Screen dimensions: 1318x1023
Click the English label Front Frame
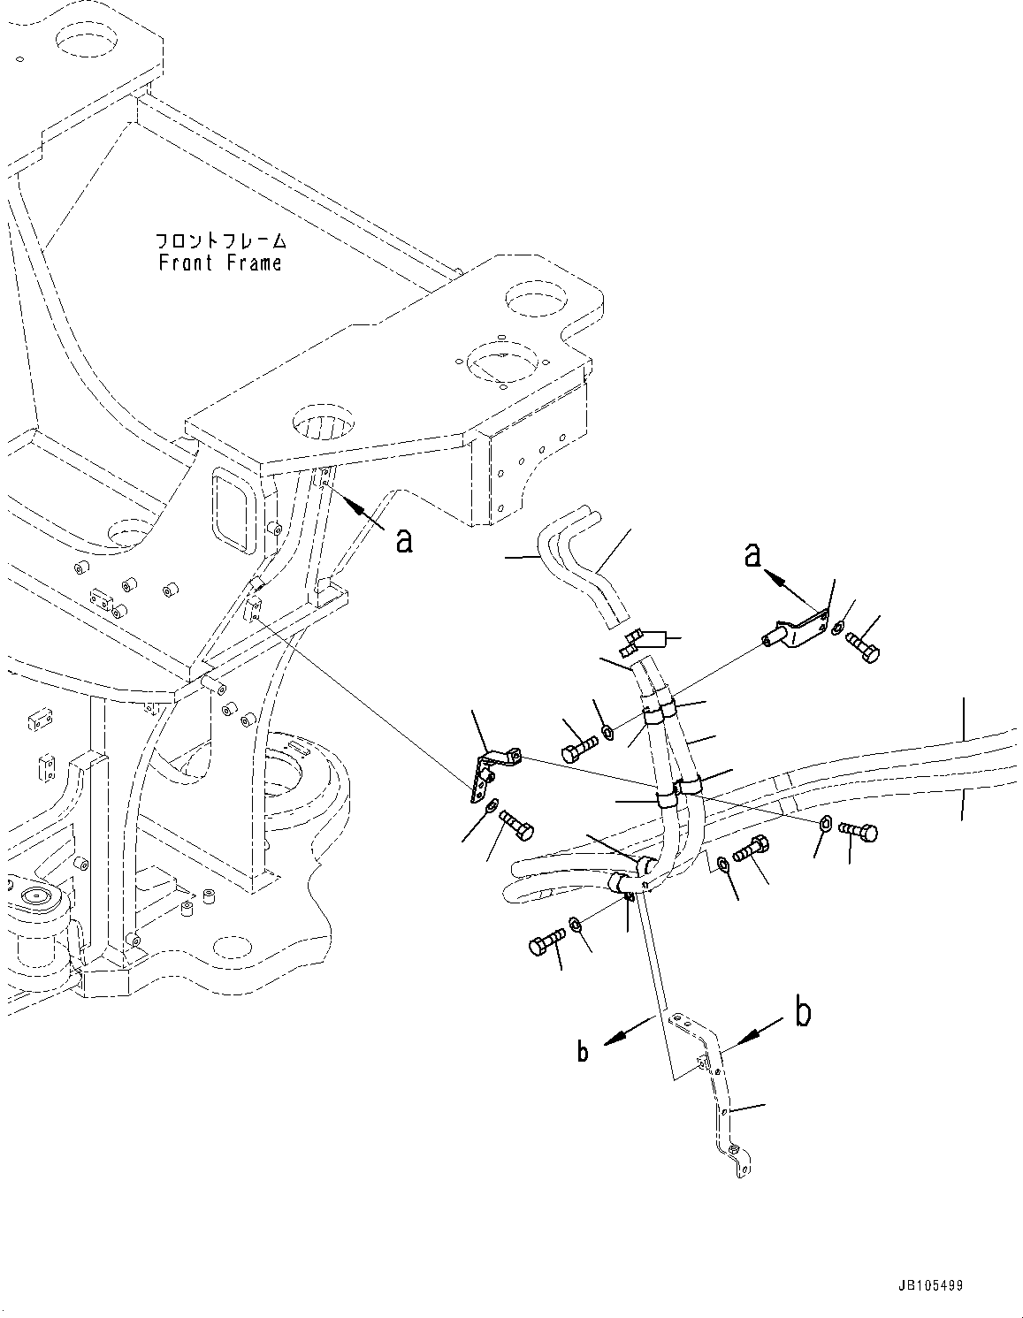pyautogui.click(x=220, y=263)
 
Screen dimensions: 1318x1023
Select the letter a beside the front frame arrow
pyautogui.click(x=403, y=539)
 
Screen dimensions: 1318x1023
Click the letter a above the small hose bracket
pyautogui.click(x=752, y=554)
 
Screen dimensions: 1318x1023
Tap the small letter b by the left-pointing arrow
pyautogui.click(x=583, y=1051)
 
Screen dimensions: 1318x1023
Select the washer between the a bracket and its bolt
pyautogui.click(x=838, y=629)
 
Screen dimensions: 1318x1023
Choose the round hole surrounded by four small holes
pyautogui.click(x=500, y=364)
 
